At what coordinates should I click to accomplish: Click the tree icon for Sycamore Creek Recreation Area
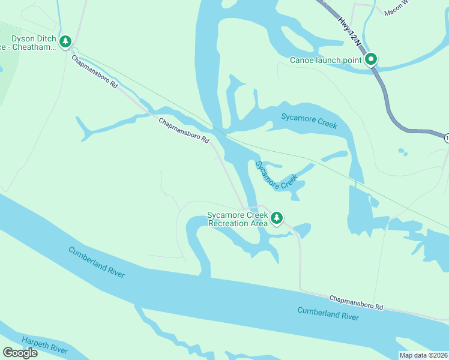coord(277,218)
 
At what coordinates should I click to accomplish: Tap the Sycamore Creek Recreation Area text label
coord(237,219)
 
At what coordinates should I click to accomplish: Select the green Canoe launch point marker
coord(371,59)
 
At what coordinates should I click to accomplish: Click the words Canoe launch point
coord(325,60)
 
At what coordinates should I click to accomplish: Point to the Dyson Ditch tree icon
coord(65,42)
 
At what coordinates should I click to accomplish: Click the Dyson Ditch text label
coord(34,39)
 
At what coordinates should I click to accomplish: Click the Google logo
coord(20,353)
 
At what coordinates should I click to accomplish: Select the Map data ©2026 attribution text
coord(424,355)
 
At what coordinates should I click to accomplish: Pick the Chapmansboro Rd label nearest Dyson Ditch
coord(95,73)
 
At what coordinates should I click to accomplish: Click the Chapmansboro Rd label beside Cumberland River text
coord(356,302)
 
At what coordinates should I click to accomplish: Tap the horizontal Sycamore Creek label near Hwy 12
coord(309,121)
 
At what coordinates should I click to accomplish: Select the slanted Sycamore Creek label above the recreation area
coord(276,175)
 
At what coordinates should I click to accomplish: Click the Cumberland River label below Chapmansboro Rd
coord(328,313)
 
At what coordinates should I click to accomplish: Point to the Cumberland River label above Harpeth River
coord(96,262)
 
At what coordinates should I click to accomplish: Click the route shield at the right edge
coord(447,138)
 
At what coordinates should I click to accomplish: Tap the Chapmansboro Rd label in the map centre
coord(184,130)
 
